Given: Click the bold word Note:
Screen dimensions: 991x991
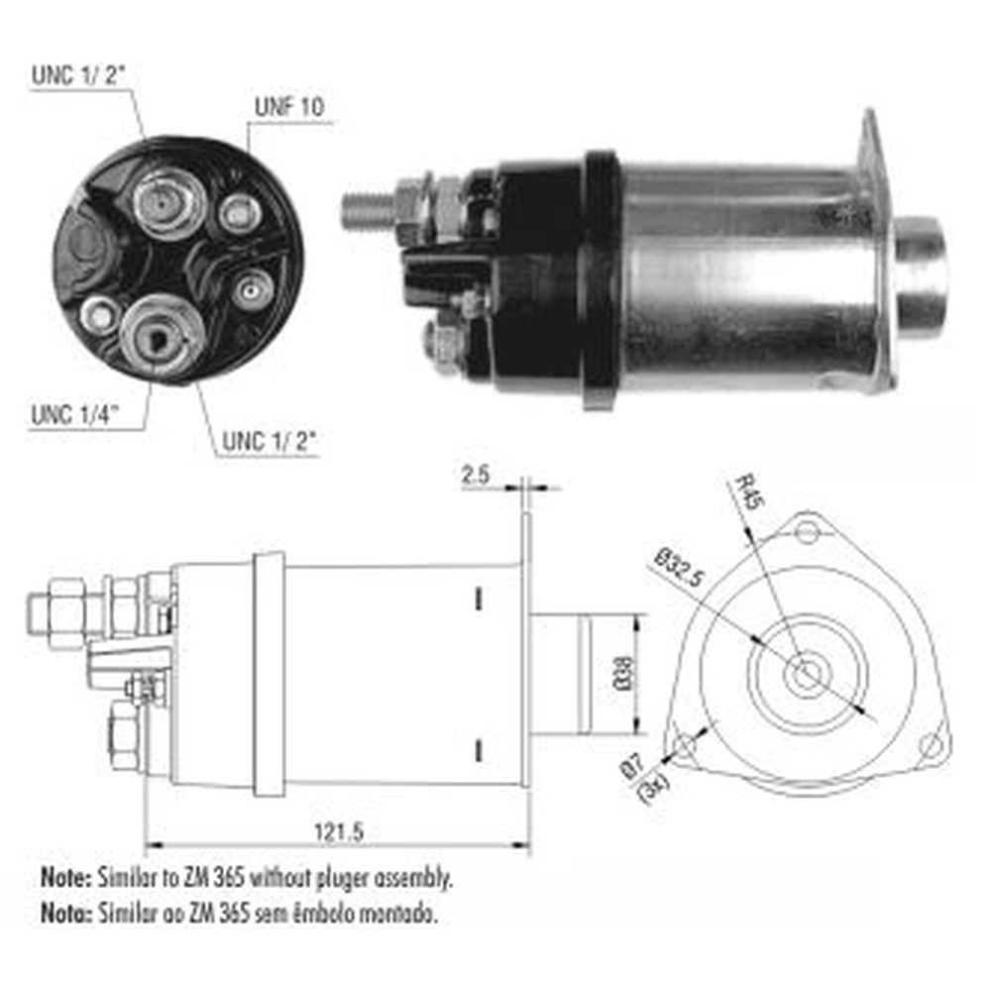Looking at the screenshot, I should coord(64,877).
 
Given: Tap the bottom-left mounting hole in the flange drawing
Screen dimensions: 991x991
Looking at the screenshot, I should coord(682,745).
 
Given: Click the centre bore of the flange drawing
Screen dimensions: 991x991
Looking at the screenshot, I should coord(805,675).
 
